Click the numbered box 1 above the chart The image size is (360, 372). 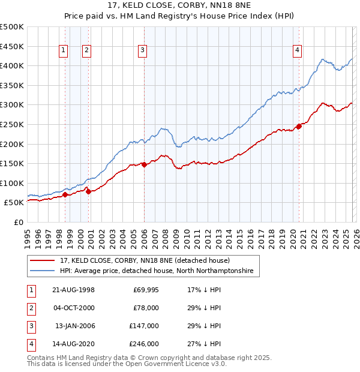63,51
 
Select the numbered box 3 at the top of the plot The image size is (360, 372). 142,51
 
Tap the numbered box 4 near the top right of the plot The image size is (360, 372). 297,51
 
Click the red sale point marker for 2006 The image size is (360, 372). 144,164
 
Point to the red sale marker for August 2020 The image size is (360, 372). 299,126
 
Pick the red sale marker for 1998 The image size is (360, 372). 65,194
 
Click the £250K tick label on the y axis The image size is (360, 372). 12,124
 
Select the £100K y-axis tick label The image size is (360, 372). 12,183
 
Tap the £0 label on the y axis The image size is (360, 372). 18,222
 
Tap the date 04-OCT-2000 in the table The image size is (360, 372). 74,307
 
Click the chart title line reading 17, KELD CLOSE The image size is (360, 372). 179,7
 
